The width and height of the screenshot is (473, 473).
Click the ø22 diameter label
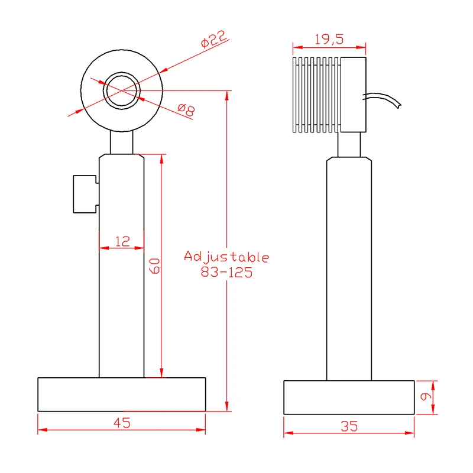coord(213,39)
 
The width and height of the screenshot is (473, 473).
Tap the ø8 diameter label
coord(186,109)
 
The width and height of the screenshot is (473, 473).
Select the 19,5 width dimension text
coord(329,40)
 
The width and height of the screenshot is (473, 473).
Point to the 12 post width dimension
coord(122,241)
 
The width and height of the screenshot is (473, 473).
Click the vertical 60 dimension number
coord(155,265)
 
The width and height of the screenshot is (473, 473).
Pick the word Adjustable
coord(226,257)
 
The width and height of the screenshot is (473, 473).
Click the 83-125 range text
coord(226,273)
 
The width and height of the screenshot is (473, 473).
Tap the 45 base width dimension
coord(122,423)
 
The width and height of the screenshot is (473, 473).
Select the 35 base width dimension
coord(349,426)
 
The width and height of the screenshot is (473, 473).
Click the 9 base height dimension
coord(426,396)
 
